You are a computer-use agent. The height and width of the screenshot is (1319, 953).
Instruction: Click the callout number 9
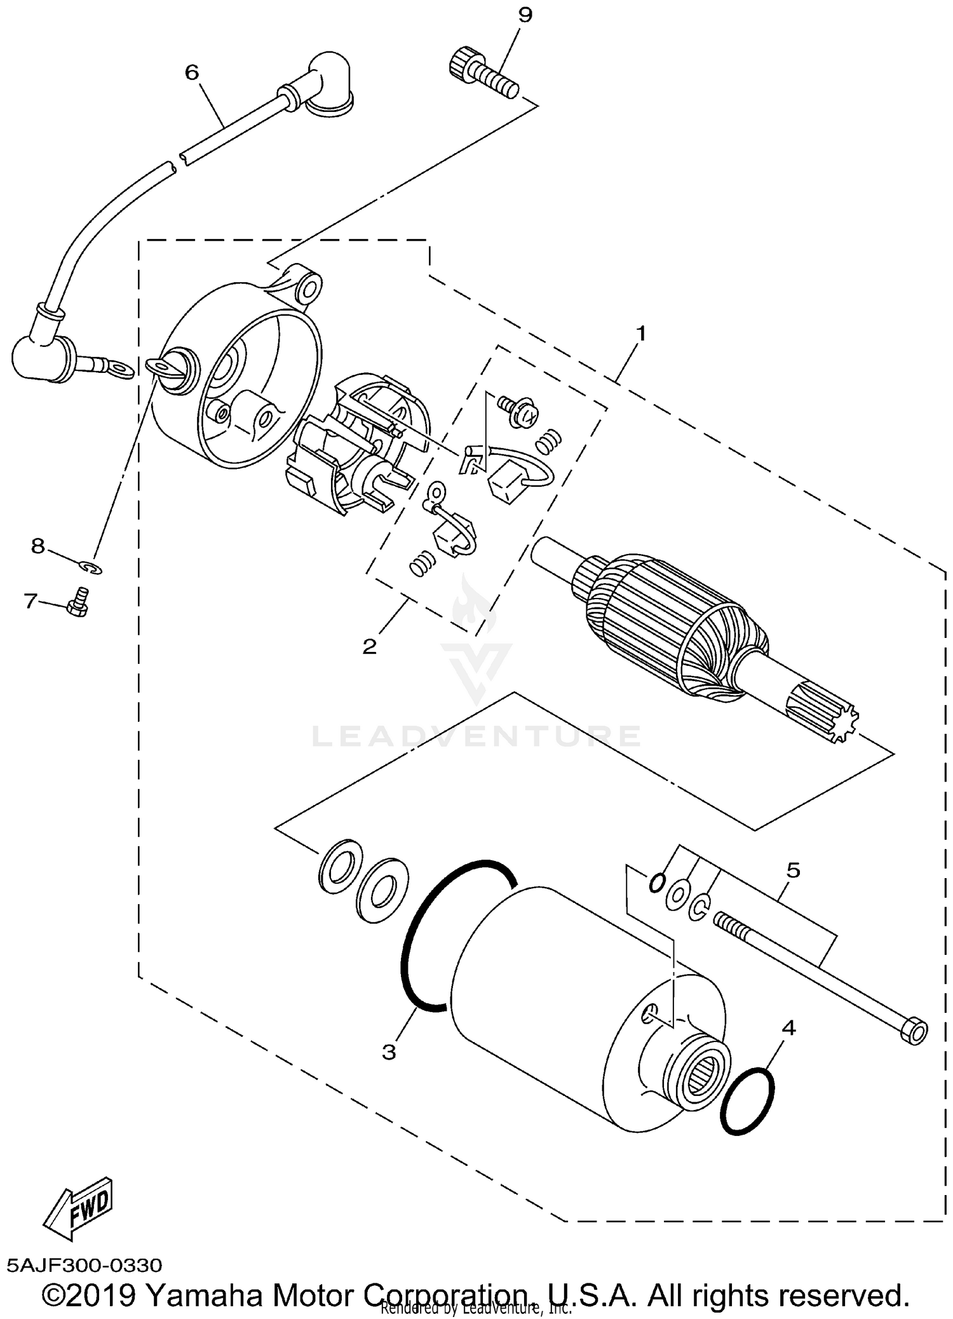click(525, 15)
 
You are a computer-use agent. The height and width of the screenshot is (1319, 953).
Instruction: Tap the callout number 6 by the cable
click(192, 72)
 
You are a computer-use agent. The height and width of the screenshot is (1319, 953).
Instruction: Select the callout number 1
click(641, 333)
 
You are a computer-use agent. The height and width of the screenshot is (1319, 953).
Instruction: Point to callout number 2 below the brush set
click(369, 647)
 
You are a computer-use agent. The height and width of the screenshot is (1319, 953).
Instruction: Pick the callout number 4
click(788, 1027)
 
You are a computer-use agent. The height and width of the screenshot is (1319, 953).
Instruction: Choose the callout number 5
click(793, 870)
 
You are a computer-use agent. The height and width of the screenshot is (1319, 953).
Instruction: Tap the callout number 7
click(30, 600)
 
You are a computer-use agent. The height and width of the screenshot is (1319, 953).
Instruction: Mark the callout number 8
click(38, 545)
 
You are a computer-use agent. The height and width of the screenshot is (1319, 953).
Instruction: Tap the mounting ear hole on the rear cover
click(308, 290)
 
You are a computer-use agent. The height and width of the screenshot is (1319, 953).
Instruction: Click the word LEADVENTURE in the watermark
click(476, 736)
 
